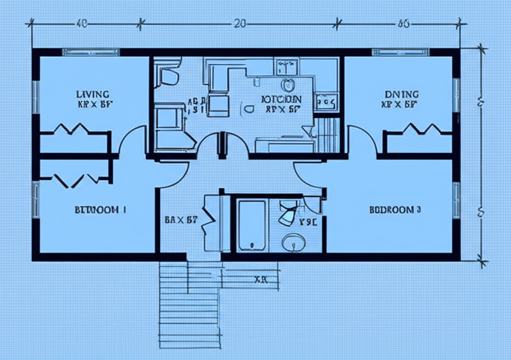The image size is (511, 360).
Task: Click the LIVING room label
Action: pos(93,94)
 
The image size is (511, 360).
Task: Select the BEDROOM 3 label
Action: pos(395,210)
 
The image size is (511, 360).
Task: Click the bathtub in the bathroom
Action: pos(252,224)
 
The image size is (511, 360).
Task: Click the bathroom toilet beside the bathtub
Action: pos(288,213)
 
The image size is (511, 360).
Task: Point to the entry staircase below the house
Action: pos(190,304)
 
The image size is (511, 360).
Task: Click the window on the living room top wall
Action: pos(90,52)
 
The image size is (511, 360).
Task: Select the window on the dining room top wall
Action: pos(401,52)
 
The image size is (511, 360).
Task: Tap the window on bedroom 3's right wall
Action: pos(456,199)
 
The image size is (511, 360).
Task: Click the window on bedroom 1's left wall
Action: pos(35,199)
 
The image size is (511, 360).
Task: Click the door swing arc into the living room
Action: pos(131,140)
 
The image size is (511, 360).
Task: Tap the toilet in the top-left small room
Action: pos(169,76)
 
